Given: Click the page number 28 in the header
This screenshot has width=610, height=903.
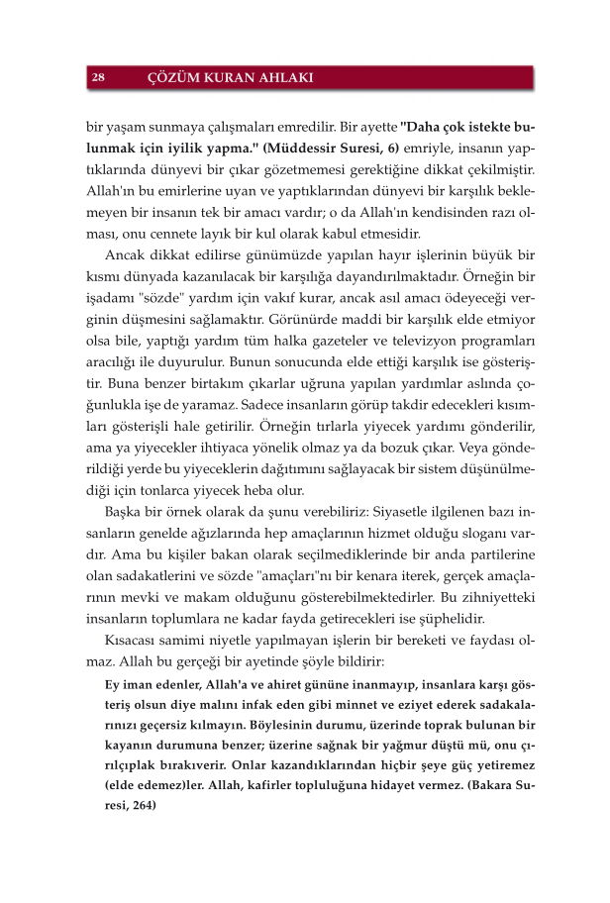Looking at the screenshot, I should [100, 77].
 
